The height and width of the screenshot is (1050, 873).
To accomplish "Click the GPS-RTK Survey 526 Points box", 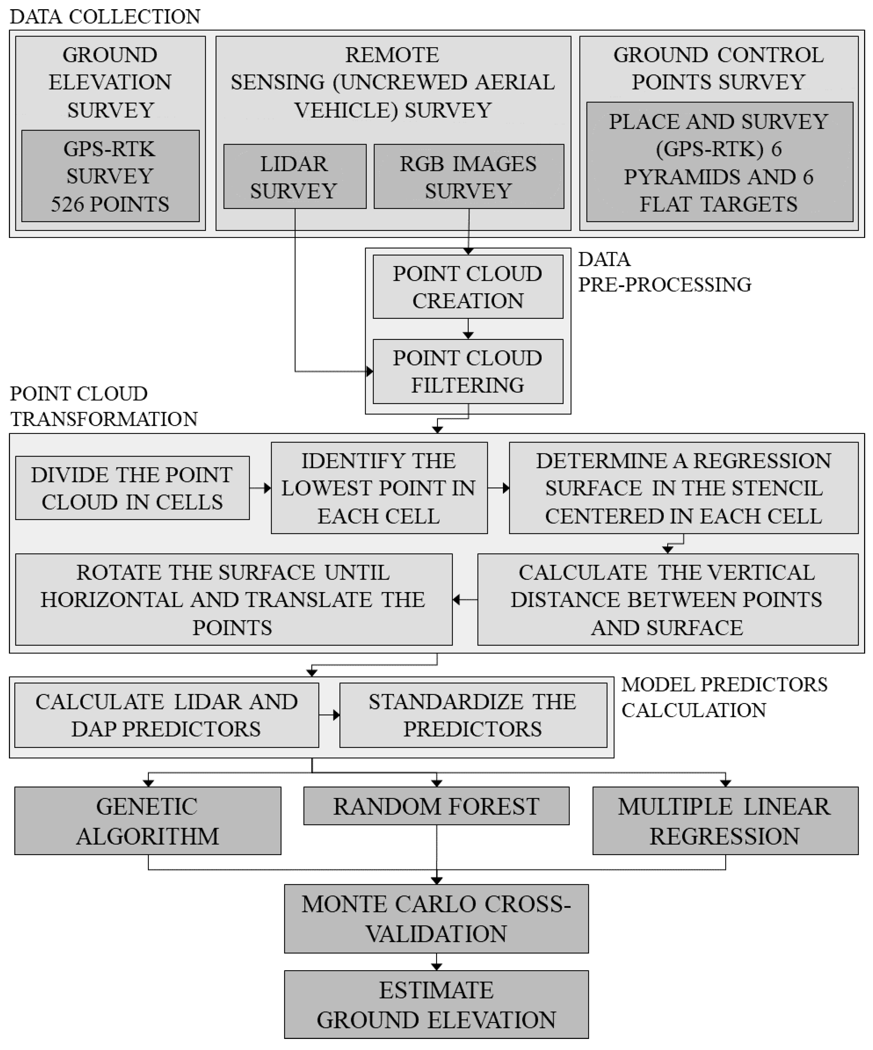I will coord(110,176).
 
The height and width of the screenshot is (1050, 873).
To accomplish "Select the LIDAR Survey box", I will coord(295,177).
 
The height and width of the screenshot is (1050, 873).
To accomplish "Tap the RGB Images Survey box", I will coord(468,177).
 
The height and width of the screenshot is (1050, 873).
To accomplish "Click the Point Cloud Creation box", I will coord(468,287).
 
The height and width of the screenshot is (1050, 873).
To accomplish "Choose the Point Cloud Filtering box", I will coord(468,371).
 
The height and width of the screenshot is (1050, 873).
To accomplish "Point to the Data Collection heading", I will coord(105,16).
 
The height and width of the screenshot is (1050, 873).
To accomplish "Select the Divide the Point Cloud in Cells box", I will coord(132,488).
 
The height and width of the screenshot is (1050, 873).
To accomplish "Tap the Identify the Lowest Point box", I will coord(379,488).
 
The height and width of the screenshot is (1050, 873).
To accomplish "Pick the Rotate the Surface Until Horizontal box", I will coord(234,600).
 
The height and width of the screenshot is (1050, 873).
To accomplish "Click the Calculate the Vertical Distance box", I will coord(668,600).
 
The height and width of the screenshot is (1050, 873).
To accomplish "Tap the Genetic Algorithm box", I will coord(148,821).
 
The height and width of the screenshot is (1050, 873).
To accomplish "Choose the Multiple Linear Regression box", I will coord(725,821).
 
